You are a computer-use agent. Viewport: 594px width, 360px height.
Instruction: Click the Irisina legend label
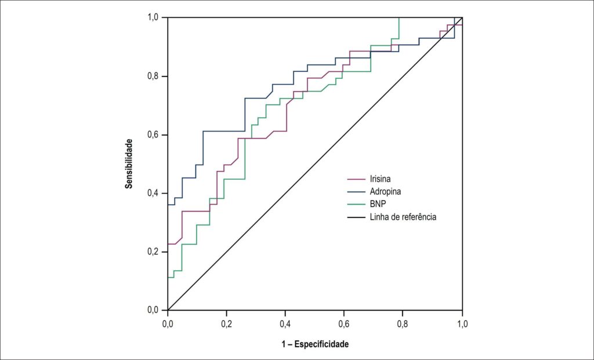(381, 179)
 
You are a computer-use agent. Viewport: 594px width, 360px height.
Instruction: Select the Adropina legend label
(385, 191)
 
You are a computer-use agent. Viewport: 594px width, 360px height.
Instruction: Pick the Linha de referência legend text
(403, 217)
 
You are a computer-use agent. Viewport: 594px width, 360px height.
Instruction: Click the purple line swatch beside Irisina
(356, 179)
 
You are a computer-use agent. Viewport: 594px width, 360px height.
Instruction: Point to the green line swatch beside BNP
(356, 205)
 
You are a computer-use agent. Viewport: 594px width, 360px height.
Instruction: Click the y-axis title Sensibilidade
(129, 163)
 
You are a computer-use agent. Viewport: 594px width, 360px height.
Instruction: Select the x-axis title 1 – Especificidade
(315, 344)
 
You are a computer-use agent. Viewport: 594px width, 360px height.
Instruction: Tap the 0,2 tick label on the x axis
(227, 325)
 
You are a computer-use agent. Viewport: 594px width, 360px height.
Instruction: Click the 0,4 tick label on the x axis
(285, 325)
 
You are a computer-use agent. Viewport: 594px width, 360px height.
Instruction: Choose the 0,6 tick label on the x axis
(344, 325)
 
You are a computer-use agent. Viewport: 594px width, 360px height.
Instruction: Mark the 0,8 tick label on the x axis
(403, 325)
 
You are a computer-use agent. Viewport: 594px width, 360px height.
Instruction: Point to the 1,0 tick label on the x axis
(462, 325)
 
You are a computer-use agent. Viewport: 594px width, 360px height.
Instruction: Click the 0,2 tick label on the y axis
(153, 252)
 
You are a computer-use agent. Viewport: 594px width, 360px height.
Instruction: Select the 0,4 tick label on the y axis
(153, 194)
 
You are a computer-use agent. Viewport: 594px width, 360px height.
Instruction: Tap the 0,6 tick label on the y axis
(153, 135)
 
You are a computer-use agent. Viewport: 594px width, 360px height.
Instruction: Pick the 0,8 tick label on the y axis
(153, 77)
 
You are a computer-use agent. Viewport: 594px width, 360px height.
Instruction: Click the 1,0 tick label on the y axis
(153, 18)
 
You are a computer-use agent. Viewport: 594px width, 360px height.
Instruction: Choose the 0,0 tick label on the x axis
(168, 325)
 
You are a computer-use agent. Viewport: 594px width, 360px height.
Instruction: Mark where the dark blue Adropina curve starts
(168, 205)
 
